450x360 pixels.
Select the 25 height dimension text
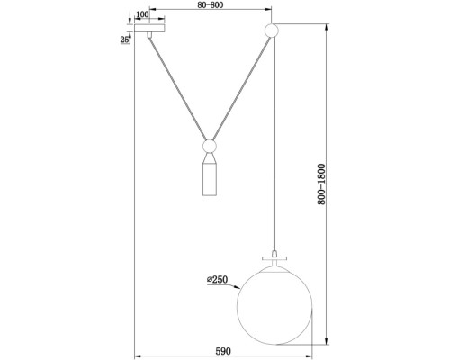[126, 39]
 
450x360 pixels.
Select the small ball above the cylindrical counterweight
[208, 146]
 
